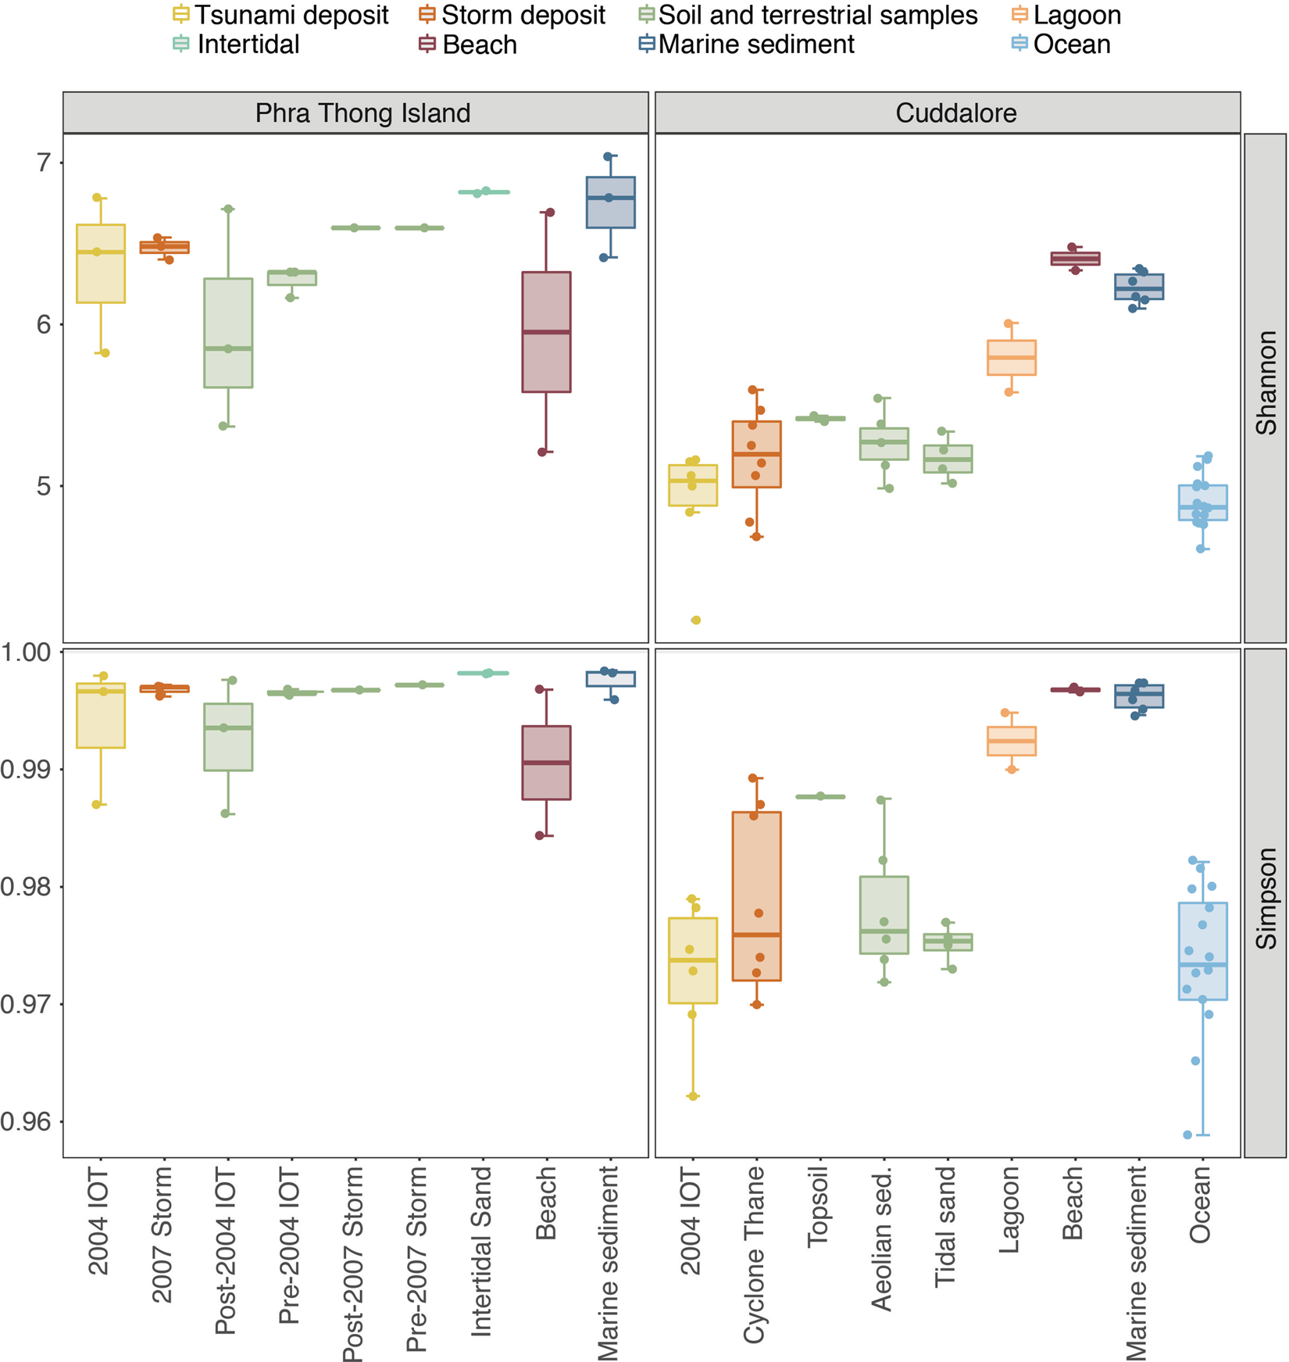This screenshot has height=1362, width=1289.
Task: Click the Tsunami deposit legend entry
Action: pyautogui.click(x=281, y=15)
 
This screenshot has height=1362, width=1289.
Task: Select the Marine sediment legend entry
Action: pyautogui.click(x=747, y=45)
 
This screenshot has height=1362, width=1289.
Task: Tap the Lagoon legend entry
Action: pyautogui.click(x=1067, y=15)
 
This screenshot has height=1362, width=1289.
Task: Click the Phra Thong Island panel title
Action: pyautogui.click(x=362, y=113)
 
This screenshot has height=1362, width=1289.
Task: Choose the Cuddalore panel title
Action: pyautogui.click(x=955, y=113)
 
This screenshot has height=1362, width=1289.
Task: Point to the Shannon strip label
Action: pyautogui.click(x=1265, y=383)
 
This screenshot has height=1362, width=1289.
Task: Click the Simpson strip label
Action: pyautogui.click(x=1265, y=899)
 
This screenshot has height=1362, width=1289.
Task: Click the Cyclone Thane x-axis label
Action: pyautogui.click(x=755, y=1254)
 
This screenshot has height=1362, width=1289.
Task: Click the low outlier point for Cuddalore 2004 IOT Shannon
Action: pyautogui.click(x=695, y=620)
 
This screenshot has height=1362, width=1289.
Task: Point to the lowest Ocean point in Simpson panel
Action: pyautogui.click(x=1187, y=1135)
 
